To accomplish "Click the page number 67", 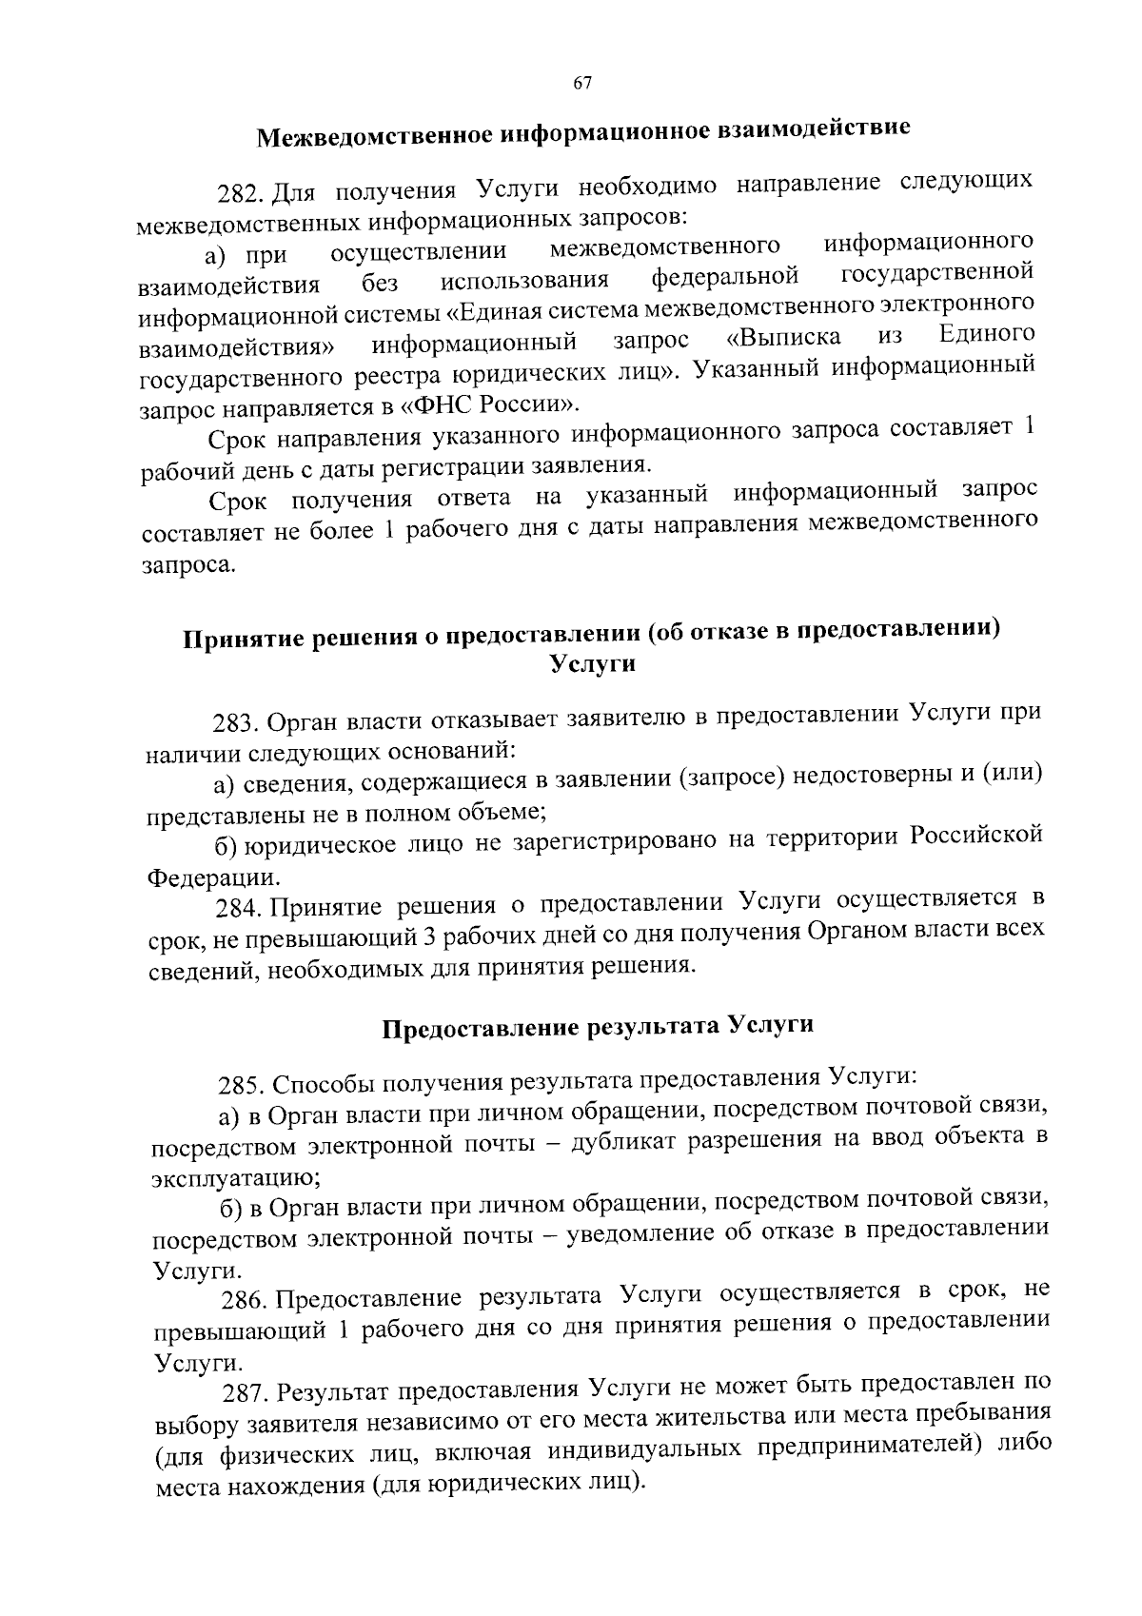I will tap(582, 84).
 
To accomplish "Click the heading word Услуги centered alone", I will tap(593, 665).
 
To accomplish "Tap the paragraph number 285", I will tap(243, 1086).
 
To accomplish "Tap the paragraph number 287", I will tap(246, 1394).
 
